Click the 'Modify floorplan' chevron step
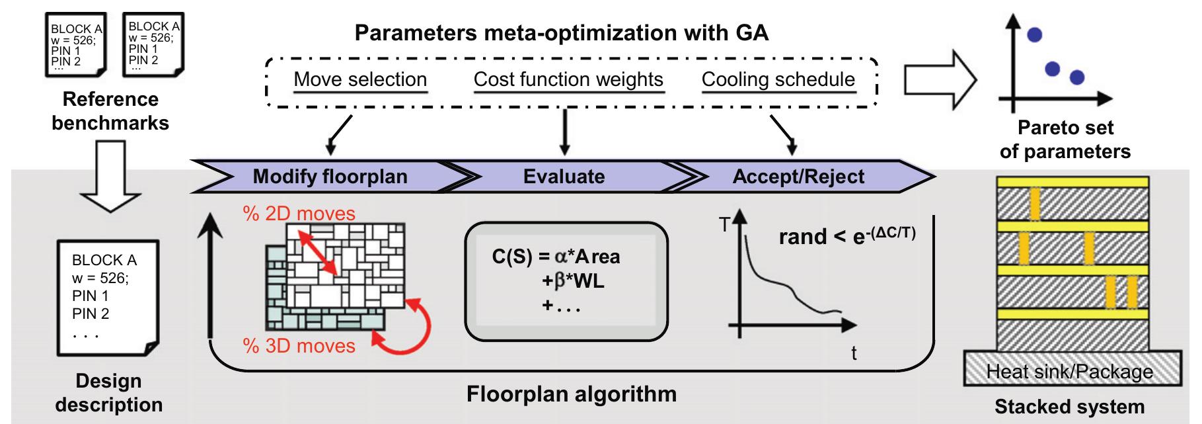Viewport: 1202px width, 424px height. point(330,177)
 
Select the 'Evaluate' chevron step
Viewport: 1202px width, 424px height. point(564,177)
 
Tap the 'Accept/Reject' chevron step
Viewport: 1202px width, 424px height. point(798,177)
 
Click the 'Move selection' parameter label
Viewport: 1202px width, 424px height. point(360,79)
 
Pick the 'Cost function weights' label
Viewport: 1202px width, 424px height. point(568,79)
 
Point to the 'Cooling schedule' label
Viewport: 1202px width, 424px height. point(778,79)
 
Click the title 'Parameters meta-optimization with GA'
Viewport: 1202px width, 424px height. point(561,32)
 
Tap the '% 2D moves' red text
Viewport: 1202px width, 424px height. point(299,214)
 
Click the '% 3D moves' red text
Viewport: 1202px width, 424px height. point(299,346)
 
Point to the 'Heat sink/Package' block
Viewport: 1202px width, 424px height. point(1069,372)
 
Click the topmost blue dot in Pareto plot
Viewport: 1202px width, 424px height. point(1035,35)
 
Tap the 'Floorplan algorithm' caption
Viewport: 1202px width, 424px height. point(572,394)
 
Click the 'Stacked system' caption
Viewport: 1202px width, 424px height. point(1069,406)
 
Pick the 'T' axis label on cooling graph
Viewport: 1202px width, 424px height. point(724,226)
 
